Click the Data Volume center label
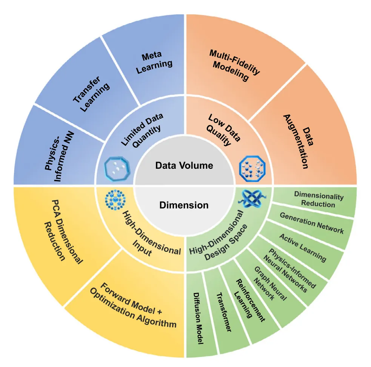(185, 165)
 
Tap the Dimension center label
(184, 205)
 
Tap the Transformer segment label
(223, 313)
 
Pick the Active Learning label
(302, 248)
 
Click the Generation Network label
(312, 222)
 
